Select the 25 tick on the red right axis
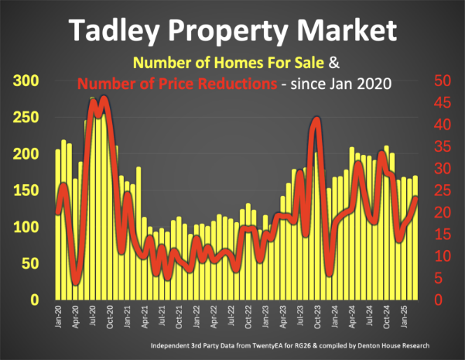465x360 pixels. [x=439, y=190]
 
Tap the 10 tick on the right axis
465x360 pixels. [x=439, y=256]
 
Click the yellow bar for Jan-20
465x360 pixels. [x=58, y=232]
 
